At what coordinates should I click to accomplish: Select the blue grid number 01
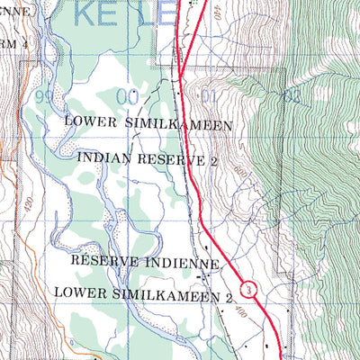pos(210,94)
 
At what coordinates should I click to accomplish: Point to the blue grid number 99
pos(40,94)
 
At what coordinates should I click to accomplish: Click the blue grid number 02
pos(290,94)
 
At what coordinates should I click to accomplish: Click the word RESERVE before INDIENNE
pos(107,262)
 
